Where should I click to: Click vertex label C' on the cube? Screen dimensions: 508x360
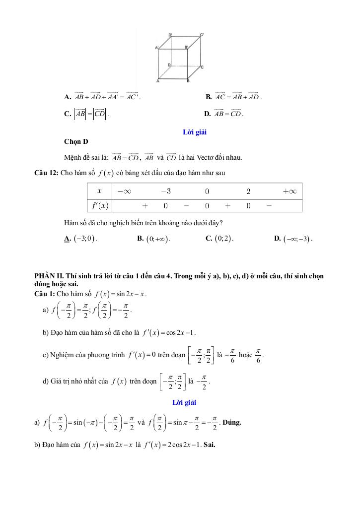(202, 35)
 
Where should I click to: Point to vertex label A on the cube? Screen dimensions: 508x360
(158, 80)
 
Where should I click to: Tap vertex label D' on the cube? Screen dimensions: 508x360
(170, 35)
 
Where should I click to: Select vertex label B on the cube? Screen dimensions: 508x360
(188, 80)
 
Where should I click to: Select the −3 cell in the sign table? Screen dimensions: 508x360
(165, 191)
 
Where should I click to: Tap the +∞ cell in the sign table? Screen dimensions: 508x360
(289, 191)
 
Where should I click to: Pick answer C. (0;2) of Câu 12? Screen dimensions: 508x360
(219, 239)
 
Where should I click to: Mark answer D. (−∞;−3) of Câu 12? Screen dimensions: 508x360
(293, 239)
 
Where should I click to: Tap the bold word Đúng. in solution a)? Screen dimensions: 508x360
(232, 423)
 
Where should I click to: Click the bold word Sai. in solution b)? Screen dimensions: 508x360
(209, 444)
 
